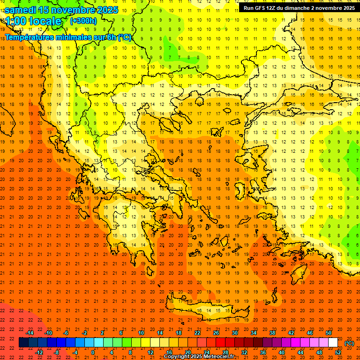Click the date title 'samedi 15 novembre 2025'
point(61,10)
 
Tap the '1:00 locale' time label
point(33,21)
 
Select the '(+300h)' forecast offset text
point(83,21)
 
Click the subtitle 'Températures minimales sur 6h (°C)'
point(68,37)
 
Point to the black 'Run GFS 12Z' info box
point(299,8)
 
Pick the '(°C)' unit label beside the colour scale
point(349,343)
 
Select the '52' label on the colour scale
point(338,352)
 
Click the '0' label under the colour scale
point(93,352)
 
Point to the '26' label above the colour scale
point(216,332)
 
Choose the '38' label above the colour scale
point(272,332)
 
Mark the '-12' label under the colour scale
point(39,352)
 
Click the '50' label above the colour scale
point(329,332)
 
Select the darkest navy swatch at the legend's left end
point(23,343)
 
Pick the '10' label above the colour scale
point(141,332)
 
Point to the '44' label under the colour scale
point(300,352)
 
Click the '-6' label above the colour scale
point(66,332)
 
